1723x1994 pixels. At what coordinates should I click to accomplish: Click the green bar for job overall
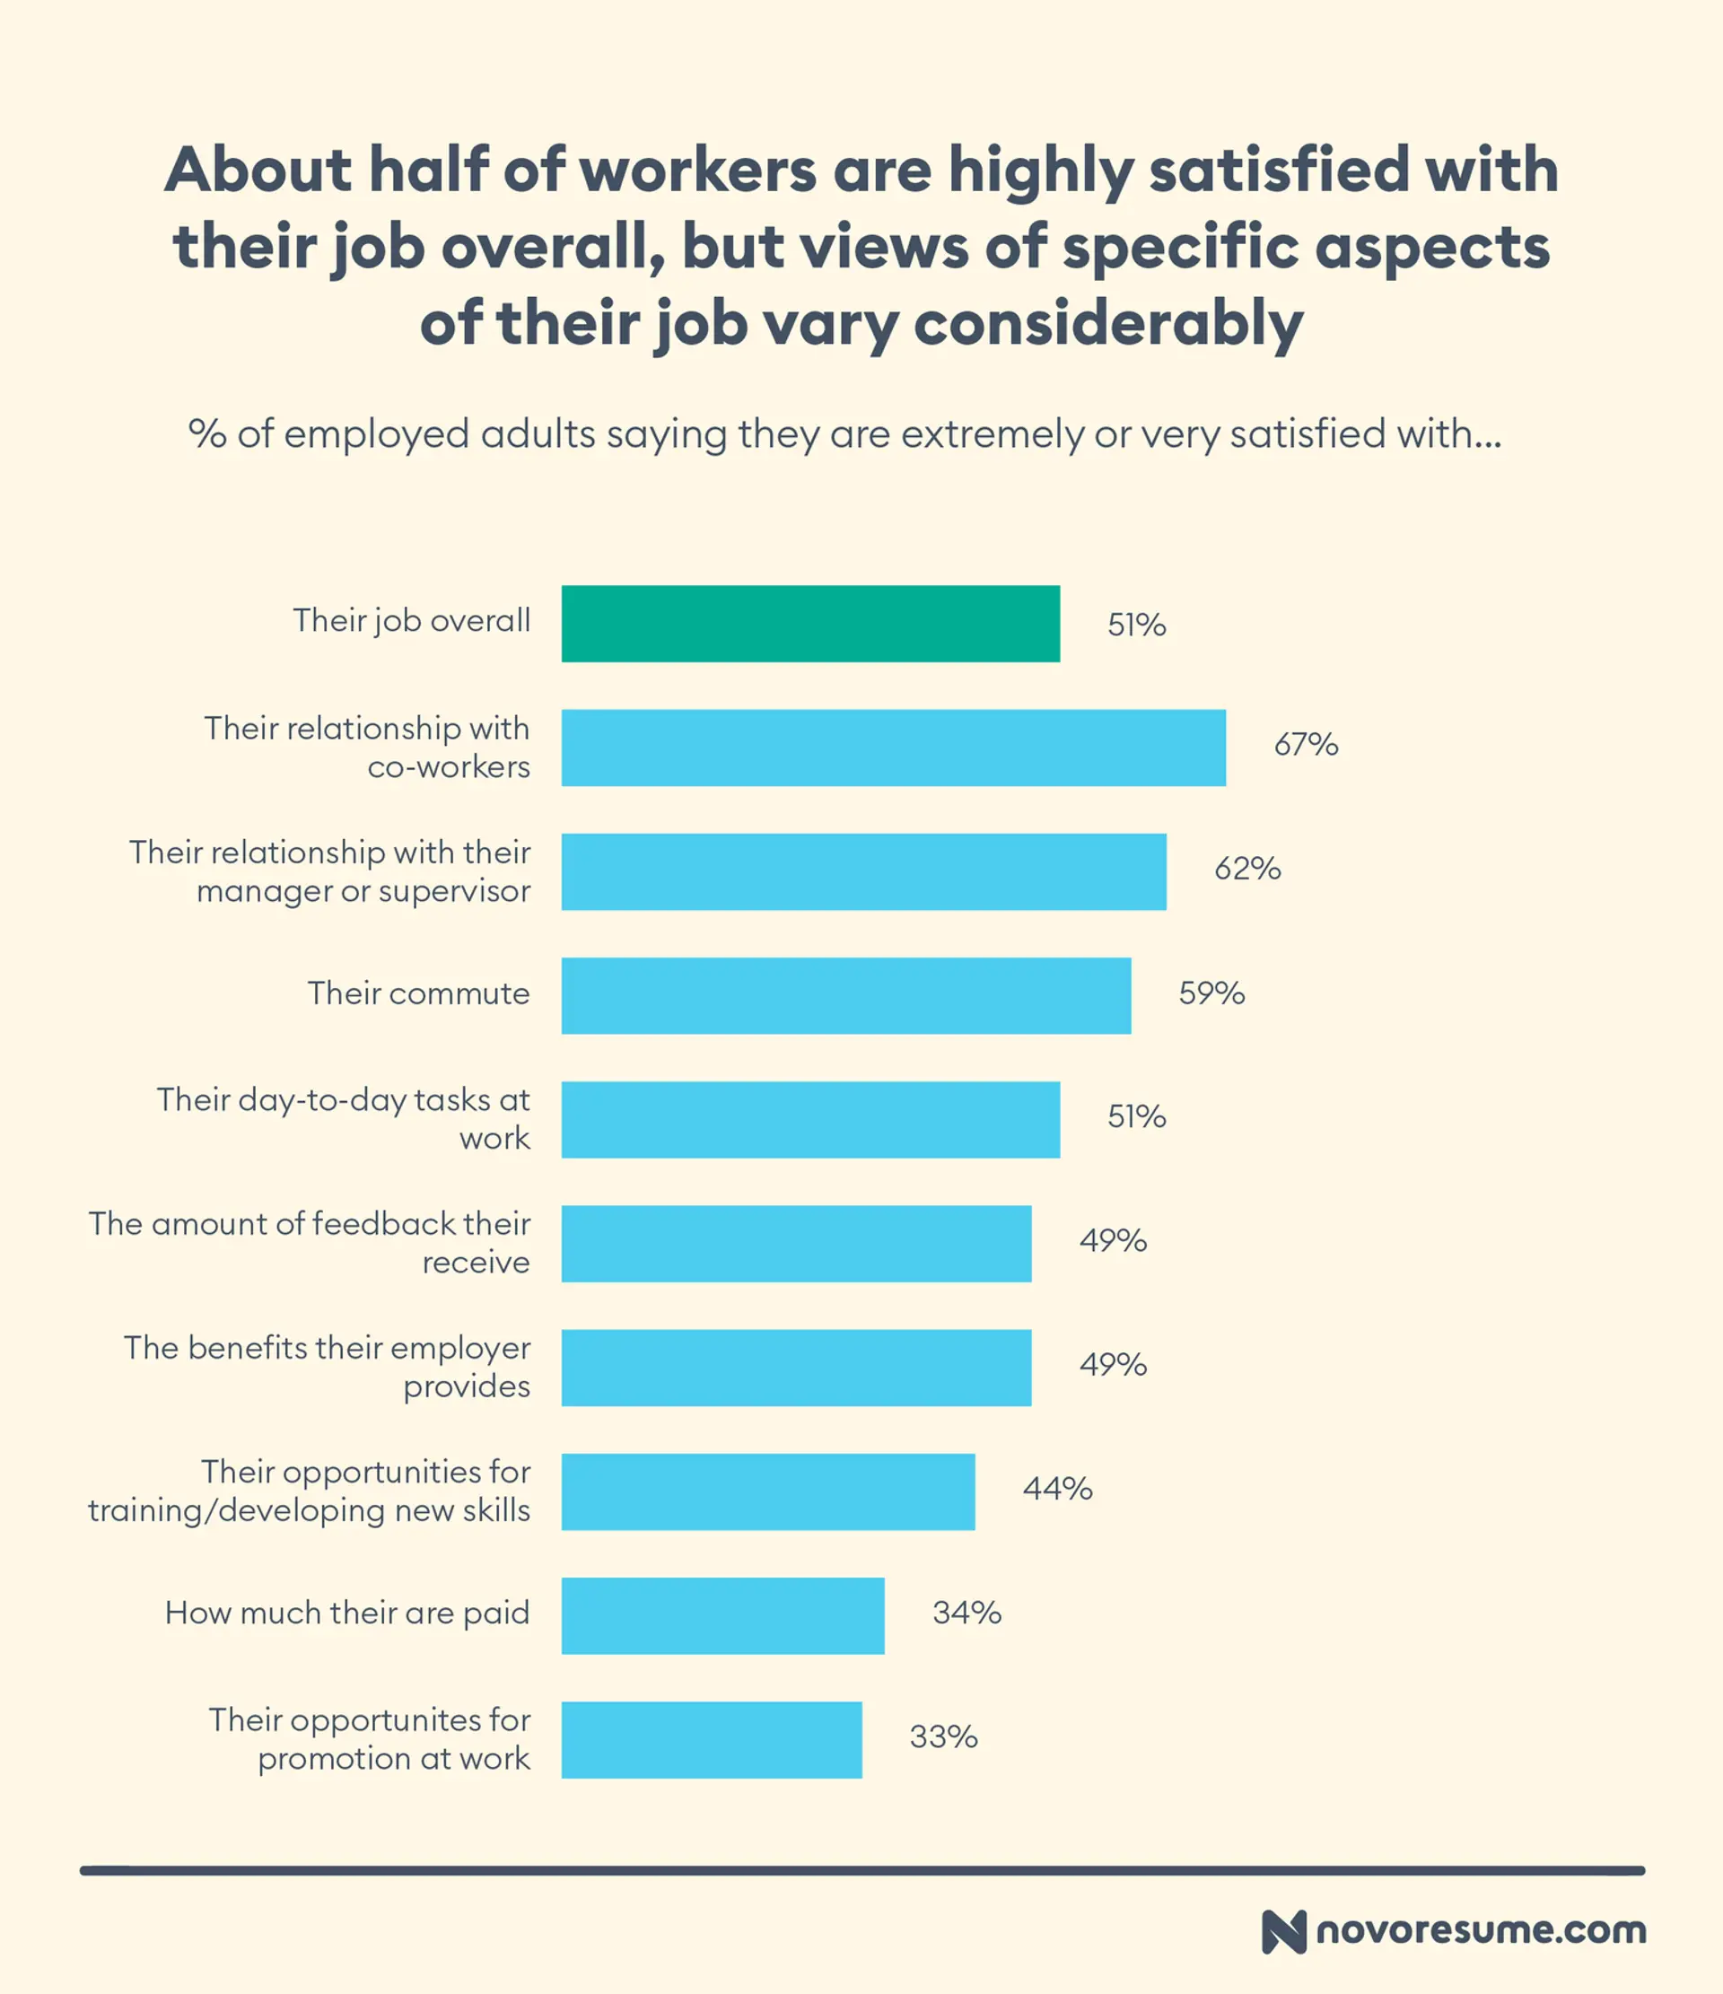click(x=810, y=624)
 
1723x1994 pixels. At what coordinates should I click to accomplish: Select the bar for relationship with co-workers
click(x=893, y=748)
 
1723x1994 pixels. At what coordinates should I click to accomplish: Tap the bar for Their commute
click(x=846, y=995)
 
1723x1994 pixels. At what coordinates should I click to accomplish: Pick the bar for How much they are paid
click(x=723, y=1616)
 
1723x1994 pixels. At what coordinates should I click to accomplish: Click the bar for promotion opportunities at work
click(x=712, y=1740)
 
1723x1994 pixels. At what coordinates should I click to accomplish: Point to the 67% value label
click(x=1305, y=745)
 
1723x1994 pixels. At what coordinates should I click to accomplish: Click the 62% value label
click(x=1246, y=869)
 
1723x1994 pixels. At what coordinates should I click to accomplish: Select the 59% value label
click(x=1211, y=993)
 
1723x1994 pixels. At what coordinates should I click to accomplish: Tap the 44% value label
click(x=1057, y=1489)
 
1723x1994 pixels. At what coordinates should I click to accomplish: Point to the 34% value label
click(x=966, y=1613)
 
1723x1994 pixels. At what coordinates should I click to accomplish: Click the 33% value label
click(x=943, y=1737)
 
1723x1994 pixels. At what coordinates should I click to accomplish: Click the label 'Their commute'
click(x=419, y=993)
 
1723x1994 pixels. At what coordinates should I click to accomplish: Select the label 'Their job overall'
click(x=411, y=621)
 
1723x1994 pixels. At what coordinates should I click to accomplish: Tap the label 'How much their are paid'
click(x=346, y=1613)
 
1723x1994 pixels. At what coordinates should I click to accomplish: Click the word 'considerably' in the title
click(x=1108, y=323)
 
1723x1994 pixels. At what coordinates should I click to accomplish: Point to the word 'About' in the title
click(x=258, y=170)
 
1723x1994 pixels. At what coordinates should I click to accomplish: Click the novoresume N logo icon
click(x=1283, y=1931)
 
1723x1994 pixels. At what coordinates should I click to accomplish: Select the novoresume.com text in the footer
click(x=1481, y=1930)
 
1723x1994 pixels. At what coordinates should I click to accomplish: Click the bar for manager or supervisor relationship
click(x=863, y=872)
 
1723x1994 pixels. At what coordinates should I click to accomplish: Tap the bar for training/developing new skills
click(x=768, y=1491)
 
